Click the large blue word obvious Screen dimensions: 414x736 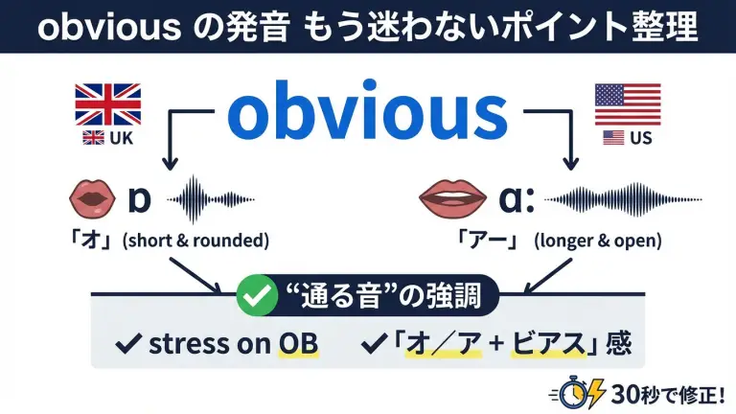pos(368,115)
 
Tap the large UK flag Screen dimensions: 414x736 pos(108,103)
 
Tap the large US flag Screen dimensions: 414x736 pos(628,103)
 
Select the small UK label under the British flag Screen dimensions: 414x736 pos(108,138)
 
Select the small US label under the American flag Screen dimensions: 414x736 pos(628,138)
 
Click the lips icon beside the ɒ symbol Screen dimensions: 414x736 pos(93,200)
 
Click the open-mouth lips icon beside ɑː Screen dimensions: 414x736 pos(448,199)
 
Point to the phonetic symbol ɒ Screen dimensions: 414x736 pos(140,200)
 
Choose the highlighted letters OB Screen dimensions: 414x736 pos(298,342)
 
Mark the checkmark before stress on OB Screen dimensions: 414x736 pos(126,342)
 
